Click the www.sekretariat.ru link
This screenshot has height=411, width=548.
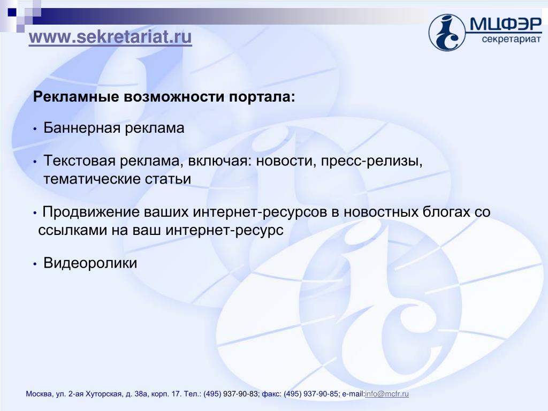coord(110,37)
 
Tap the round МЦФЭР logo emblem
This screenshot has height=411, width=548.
coord(447,33)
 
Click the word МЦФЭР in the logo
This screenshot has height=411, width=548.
coord(506,25)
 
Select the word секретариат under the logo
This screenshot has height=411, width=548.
coord(511,39)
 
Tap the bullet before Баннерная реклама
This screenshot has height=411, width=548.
coord(35,129)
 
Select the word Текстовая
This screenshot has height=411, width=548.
coord(79,161)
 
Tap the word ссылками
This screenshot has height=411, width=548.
coord(72,230)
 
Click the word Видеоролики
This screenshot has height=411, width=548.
coord(90,263)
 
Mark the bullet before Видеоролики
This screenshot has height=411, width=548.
coord(35,264)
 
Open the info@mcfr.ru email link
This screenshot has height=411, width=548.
coord(387,394)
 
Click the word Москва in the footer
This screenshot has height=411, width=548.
coord(39,394)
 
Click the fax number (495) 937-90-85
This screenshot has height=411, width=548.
coord(311,394)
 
